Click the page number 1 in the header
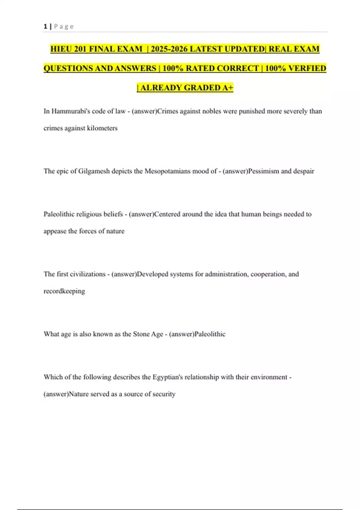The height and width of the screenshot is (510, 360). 45,26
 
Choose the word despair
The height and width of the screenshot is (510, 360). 304,171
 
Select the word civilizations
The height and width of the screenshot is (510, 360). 87,274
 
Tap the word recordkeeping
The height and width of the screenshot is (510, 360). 64,291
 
